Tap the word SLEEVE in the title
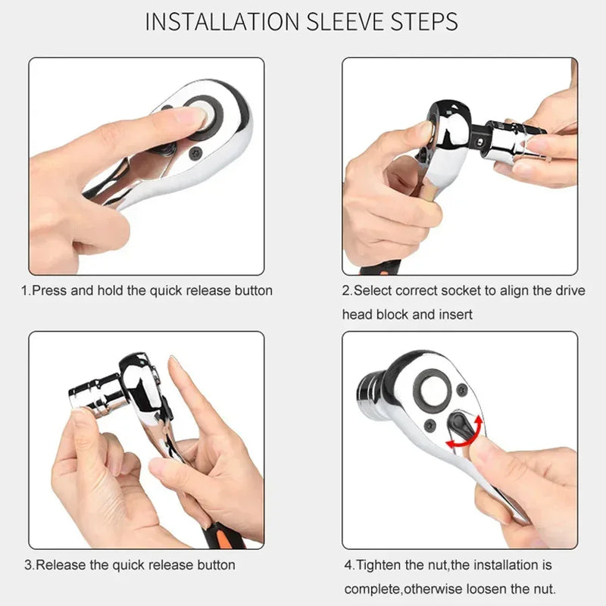345,21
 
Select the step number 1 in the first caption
23,290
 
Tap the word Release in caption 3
61,564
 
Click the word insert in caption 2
454,314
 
